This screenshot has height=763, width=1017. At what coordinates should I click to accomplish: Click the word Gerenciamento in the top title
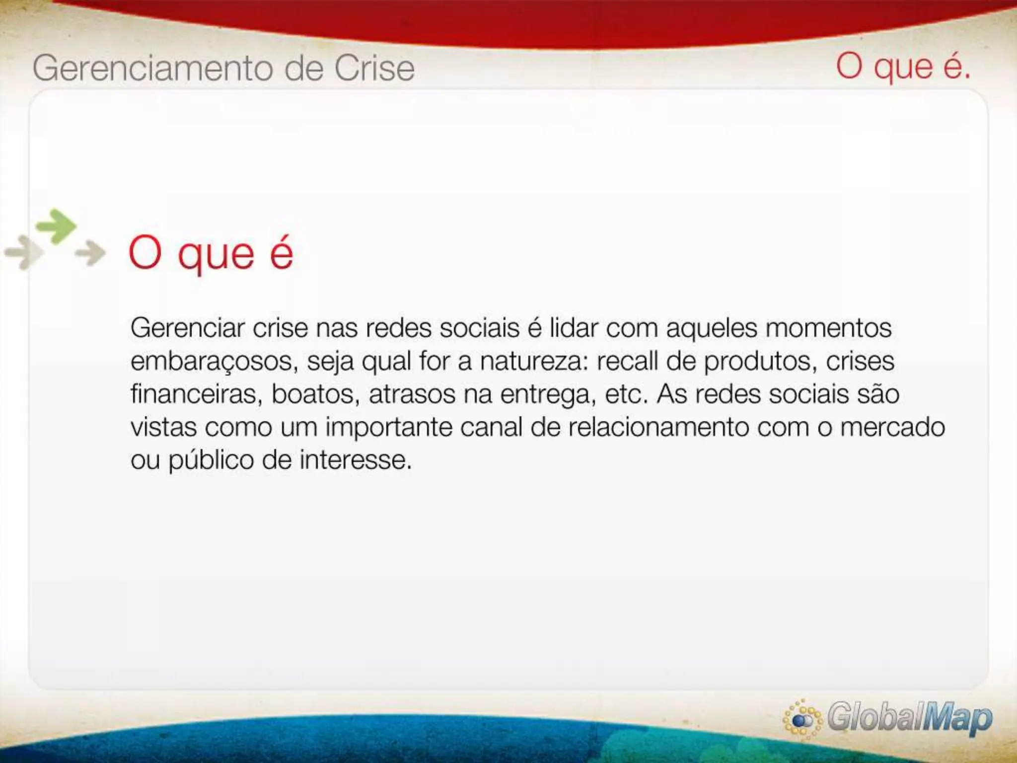[x=152, y=69]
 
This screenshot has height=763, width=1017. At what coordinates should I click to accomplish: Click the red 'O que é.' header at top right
[x=903, y=67]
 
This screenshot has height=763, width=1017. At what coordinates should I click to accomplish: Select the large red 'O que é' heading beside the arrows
[x=211, y=253]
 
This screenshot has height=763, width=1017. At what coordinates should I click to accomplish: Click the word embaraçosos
[x=214, y=362]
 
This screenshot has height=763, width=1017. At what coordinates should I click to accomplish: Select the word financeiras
[x=196, y=394]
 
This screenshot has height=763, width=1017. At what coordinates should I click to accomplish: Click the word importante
[x=389, y=428]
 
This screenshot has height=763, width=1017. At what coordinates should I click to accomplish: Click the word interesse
[x=356, y=460]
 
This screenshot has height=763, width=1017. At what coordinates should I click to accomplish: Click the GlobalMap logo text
[x=909, y=718]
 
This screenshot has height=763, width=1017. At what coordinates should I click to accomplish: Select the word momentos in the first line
[x=828, y=328]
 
